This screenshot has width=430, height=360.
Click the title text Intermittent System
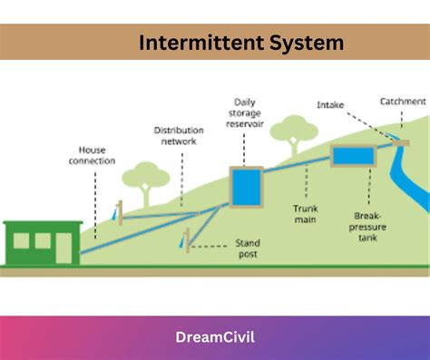pyautogui.click(x=241, y=42)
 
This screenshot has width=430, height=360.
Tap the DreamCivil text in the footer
pyautogui.click(x=214, y=337)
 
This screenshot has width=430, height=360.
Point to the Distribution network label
pyautogui.click(x=178, y=135)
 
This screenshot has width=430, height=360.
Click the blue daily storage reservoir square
pyautogui.click(x=245, y=187)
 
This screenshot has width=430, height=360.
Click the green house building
pyautogui.click(x=42, y=242)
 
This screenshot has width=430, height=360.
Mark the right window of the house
pyautogui.click(x=43, y=240)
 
